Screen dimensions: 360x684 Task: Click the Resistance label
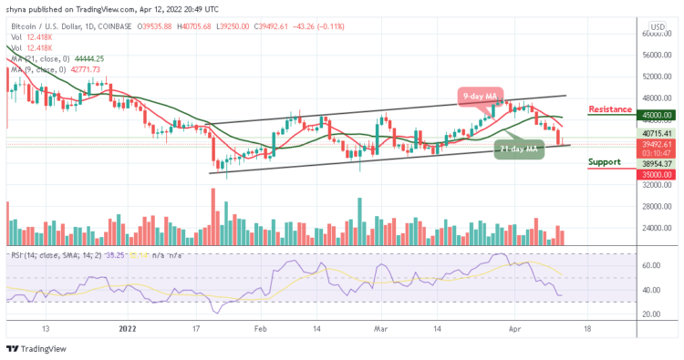[611, 109]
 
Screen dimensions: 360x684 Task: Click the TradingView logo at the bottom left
[36, 350]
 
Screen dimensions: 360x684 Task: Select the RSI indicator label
[27, 257]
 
